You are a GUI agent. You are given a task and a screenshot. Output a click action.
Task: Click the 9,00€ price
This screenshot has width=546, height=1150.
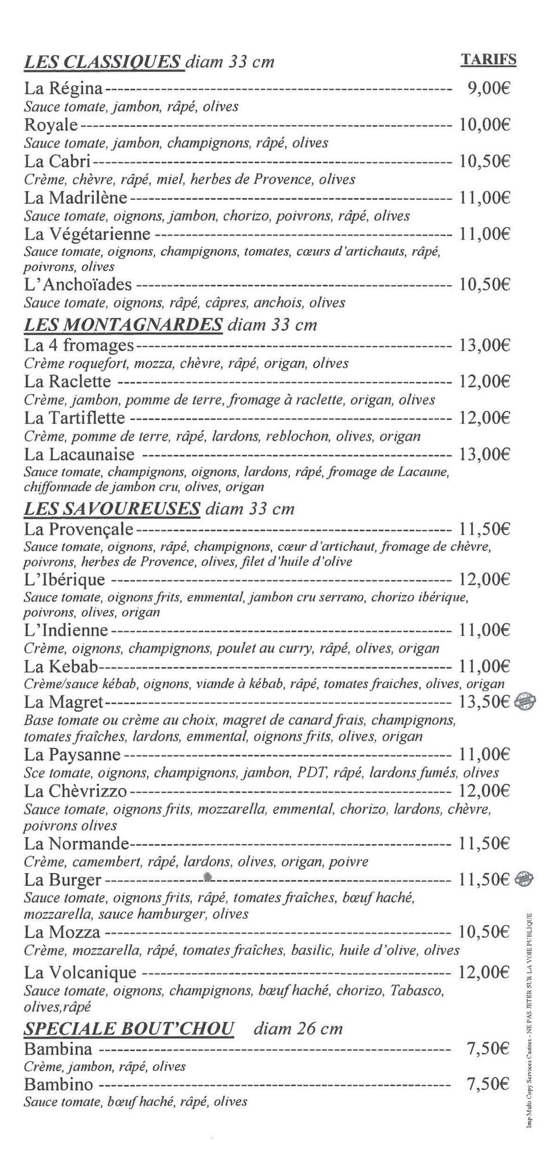pyautogui.click(x=488, y=89)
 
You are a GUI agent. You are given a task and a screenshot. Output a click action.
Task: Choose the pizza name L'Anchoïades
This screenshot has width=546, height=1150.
pyautogui.click(x=78, y=284)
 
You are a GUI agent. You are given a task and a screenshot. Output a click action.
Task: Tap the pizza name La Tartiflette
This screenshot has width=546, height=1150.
pyautogui.click(x=75, y=418)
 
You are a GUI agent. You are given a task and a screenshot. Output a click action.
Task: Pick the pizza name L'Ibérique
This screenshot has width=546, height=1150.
pyautogui.click(x=65, y=579)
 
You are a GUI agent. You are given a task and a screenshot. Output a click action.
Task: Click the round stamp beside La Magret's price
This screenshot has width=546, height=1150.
pyautogui.click(x=526, y=702)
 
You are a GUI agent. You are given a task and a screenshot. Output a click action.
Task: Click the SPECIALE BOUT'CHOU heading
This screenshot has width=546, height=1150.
pyautogui.click(x=129, y=1029)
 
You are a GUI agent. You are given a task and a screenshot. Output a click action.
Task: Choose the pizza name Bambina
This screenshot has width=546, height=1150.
pyautogui.click(x=58, y=1049)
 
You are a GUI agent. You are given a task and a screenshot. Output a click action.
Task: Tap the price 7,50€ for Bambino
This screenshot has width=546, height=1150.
pyautogui.click(x=488, y=1084)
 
